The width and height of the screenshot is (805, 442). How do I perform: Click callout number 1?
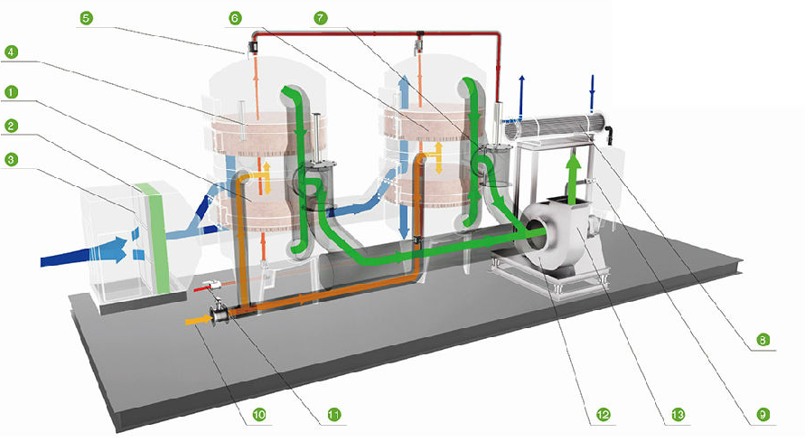(10, 92)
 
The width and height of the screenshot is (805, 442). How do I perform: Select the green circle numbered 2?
(10, 125)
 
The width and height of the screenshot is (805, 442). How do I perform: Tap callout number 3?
(10, 159)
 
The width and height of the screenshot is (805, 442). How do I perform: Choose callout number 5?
(85, 17)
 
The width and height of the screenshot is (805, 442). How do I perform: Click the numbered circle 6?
(235, 17)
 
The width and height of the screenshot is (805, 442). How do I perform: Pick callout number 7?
(321, 17)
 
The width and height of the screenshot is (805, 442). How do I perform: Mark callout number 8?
(763, 340)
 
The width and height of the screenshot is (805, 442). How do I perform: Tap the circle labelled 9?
(763, 415)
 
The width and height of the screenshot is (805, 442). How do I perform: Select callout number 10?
(258, 415)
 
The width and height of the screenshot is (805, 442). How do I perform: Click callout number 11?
(333, 415)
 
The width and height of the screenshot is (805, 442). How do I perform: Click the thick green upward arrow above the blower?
(570, 177)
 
